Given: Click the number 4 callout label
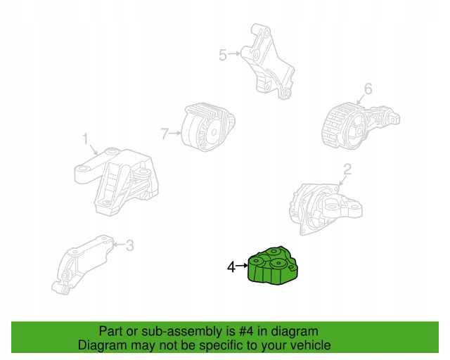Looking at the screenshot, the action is (231, 267).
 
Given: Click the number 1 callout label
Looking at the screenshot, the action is (86, 139).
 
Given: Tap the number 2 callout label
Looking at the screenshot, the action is (347, 169).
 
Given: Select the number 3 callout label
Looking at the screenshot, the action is (130, 245).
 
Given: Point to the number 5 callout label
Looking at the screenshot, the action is (223, 55).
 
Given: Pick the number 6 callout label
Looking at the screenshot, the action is (368, 89).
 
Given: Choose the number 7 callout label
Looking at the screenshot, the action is (165, 134).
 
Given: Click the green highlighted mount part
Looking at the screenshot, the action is (273, 266).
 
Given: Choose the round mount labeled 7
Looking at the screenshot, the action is (208, 127).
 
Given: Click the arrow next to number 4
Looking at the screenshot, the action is (242, 266).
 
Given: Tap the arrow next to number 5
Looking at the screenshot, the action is (234, 53).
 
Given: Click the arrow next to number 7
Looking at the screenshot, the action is (175, 133).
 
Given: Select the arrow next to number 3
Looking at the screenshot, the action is (120, 245).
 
